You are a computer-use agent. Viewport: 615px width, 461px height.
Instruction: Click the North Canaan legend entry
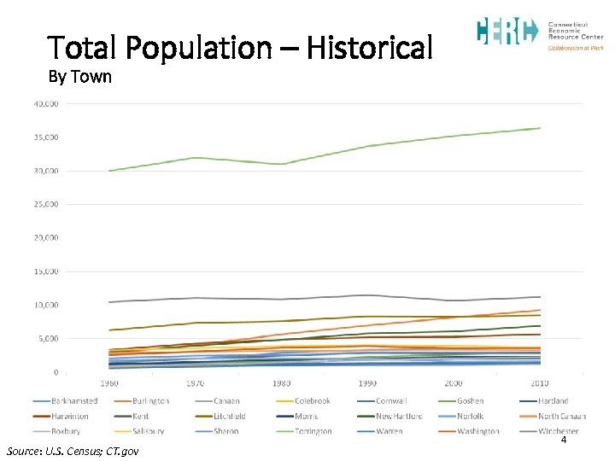point(560,416)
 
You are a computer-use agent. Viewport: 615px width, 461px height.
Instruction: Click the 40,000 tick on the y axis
point(45,104)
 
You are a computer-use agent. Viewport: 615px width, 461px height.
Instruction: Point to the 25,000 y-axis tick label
point(45,205)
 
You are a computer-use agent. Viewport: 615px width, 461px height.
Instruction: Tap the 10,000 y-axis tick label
point(45,305)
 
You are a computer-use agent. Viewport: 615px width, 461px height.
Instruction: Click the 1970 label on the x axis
point(196,384)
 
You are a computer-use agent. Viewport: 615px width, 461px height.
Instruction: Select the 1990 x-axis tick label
point(367,384)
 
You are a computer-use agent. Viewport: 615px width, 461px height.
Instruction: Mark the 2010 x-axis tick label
point(539,384)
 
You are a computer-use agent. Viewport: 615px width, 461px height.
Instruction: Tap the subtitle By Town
point(79,77)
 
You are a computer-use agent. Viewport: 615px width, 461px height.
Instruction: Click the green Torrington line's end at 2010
point(540,128)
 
